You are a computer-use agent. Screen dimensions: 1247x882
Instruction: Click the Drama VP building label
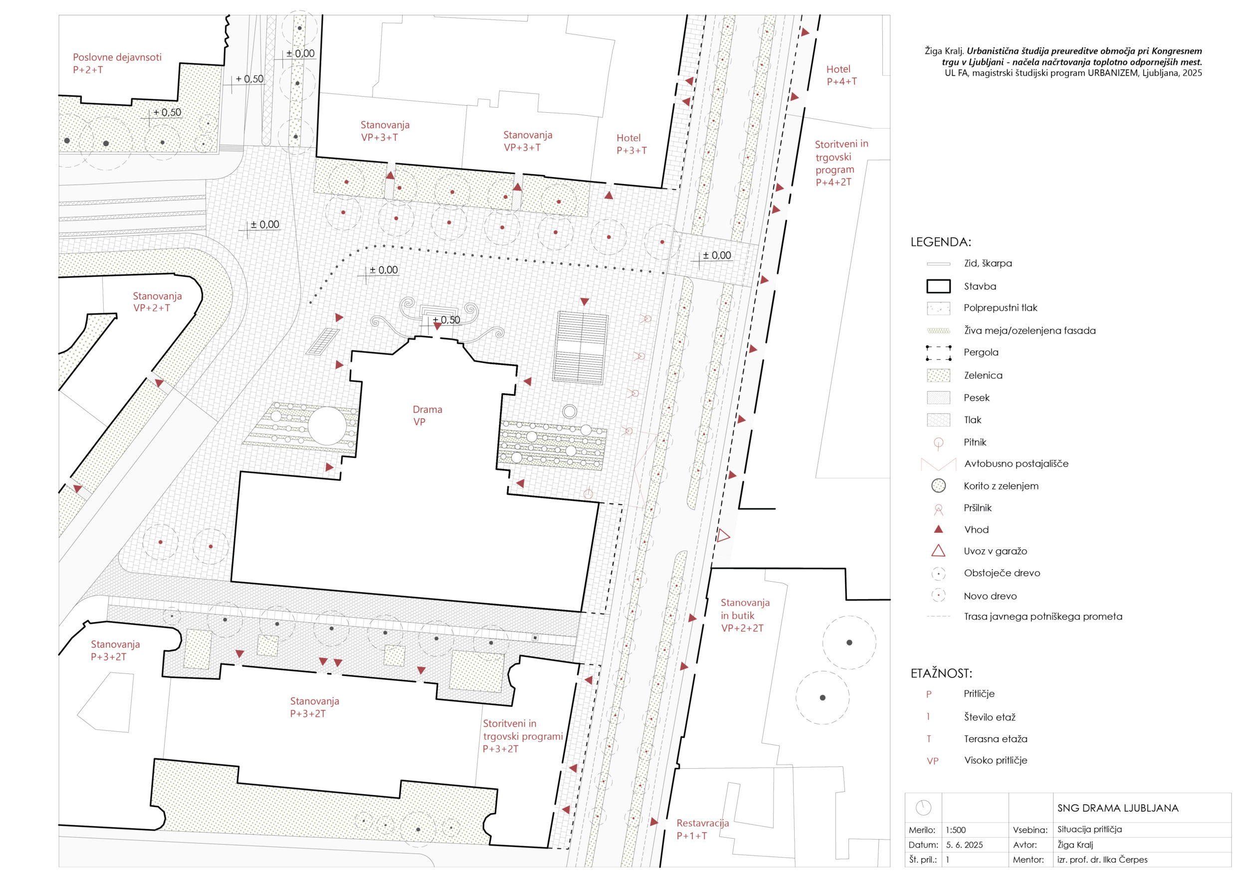[x=427, y=416]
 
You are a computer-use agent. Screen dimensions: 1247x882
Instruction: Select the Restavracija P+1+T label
[x=702, y=829]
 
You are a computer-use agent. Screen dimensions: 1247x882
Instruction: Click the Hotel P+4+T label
[x=841, y=75]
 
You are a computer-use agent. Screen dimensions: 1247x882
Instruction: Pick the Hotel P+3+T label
[x=631, y=144]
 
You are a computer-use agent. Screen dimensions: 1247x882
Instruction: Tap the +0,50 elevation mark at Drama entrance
[x=446, y=320]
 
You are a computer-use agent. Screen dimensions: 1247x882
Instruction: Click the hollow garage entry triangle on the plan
[x=723, y=536]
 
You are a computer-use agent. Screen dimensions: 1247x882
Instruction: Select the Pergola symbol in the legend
[x=939, y=353]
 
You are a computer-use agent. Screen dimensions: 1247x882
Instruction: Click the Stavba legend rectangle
[x=939, y=286]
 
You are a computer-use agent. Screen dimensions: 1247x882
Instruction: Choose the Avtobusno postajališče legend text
[x=1016, y=464]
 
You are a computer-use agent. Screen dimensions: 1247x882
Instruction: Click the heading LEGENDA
[x=941, y=242]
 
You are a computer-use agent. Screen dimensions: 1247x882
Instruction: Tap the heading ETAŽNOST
[x=941, y=673]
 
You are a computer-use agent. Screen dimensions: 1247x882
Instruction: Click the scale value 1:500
[x=955, y=830]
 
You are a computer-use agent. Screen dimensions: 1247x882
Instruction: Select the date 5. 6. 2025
[x=964, y=845]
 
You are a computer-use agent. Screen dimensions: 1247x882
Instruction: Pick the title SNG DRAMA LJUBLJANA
[x=1118, y=808]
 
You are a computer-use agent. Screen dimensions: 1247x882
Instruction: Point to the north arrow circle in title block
[x=923, y=808]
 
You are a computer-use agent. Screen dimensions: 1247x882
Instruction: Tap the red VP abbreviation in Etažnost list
[x=933, y=761]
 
